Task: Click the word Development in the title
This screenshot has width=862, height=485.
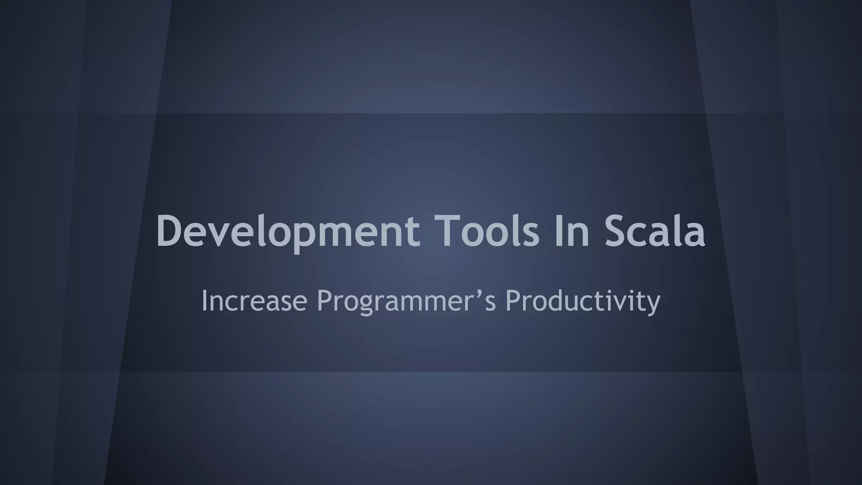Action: coord(288,232)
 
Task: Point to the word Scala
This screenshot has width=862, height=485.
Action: coord(655,232)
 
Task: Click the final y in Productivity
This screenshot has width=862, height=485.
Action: coord(653,304)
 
